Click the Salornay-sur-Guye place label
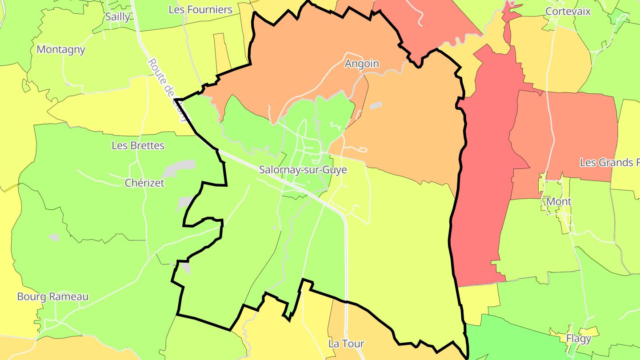pyautogui.click(x=303, y=170)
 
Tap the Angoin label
pyautogui.click(x=362, y=64)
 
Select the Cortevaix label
pyautogui.click(x=568, y=11)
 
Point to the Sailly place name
pyautogui.click(x=118, y=17)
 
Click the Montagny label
pyautogui.click(x=61, y=49)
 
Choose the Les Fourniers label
pyautogui.click(x=200, y=9)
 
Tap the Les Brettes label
pyautogui.click(x=138, y=145)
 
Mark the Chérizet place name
pyautogui.click(x=144, y=183)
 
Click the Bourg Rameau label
pyautogui.click(x=53, y=296)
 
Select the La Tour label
pyautogui.click(x=346, y=344)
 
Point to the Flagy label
pyautogui.click(x=579, y=339)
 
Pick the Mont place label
pyautogui.click(x=559, y=201)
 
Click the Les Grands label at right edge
pyautogui.click(x=609, y=163)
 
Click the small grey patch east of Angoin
pyautogui.click(x=376, y=106)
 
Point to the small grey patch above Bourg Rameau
pyautogui.click(x=53, y=237)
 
